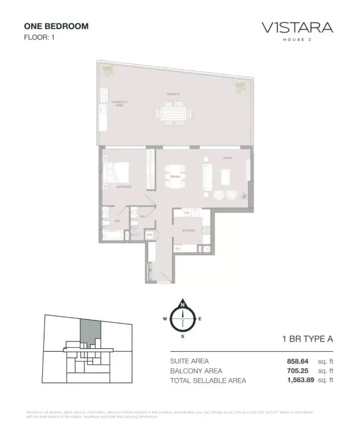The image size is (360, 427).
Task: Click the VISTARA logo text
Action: tap(297, 27)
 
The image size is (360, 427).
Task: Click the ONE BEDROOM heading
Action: tap(56, 26)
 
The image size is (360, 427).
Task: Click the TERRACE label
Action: tap(173, 95)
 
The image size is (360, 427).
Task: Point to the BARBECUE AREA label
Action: tap(118, 103)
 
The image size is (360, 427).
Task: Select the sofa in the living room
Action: tap(208, 177)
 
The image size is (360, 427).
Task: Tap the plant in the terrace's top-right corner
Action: tap(238, 87)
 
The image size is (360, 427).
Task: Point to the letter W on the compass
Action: tap(165, 319)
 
